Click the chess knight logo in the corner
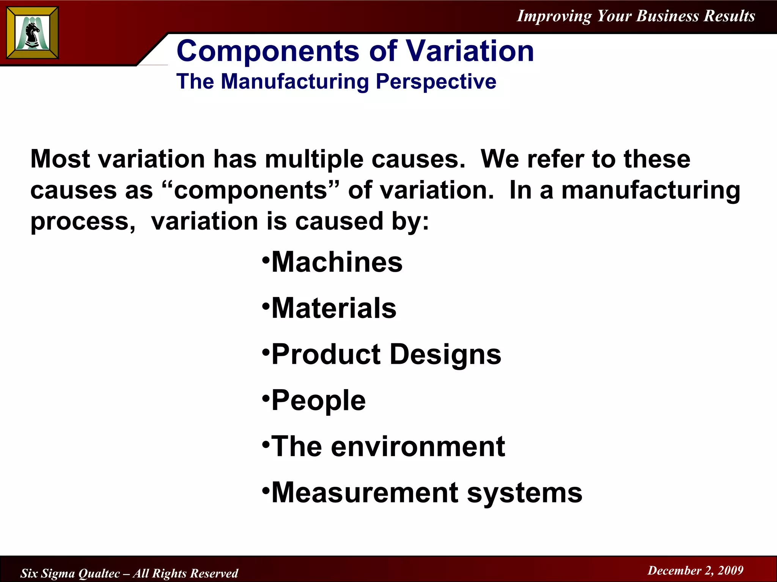coord(33,33)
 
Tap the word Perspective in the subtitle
coord(436,81)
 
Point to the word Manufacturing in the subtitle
coord(294,81)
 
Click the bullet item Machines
coord(337,262)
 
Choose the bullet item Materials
coord(334,308)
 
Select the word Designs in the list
coord(445,355)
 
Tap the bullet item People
coord(319,401)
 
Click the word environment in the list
coord(418,446)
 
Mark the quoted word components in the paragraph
coord(251,190)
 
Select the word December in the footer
coord(674,570)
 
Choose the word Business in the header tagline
coord(667,16)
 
